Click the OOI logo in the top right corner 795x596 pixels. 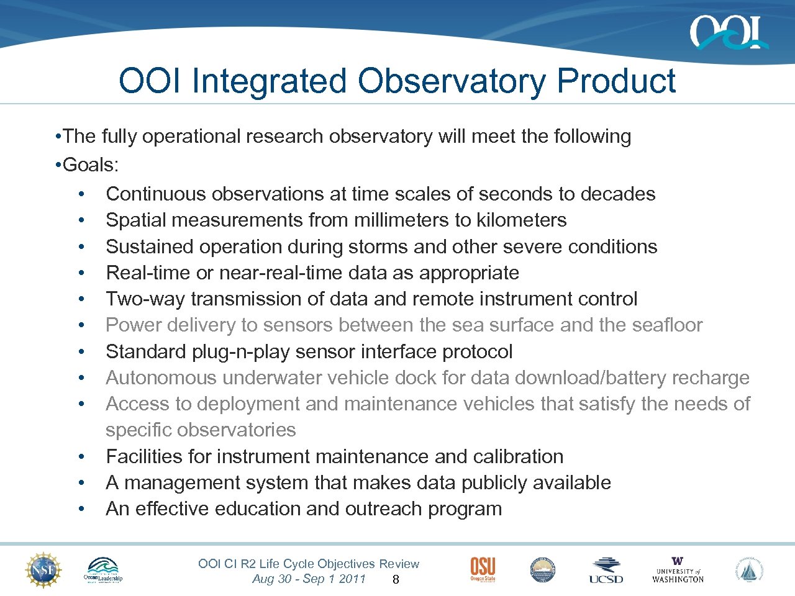(728, 32)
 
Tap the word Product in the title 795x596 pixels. (616, 81)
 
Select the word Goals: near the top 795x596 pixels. (91, 165)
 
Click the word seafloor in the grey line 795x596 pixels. (667, 325)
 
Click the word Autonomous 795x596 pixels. (161, 377)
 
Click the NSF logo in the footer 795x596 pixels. (43, 570)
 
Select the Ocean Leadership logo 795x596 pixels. (103, 570)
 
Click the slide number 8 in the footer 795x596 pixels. (396, 580)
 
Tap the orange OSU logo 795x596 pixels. (483, 569)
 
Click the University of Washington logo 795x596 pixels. (678, 570)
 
